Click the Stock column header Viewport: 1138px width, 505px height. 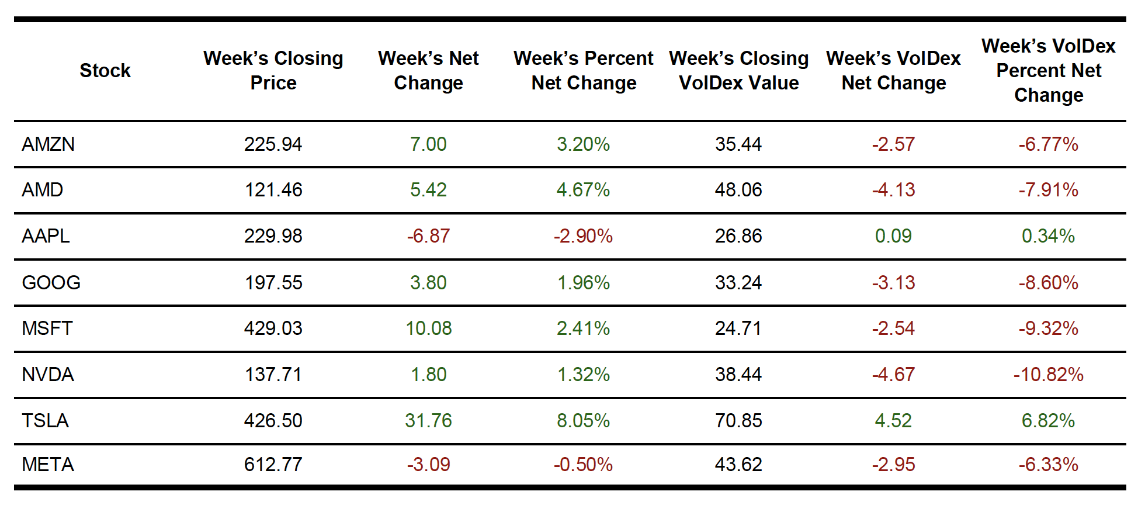pos(105,71)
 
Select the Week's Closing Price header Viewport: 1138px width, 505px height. pos(273,71)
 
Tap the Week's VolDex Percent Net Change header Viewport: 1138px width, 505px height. pos(1048,71)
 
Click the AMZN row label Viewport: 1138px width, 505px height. pos(48,144)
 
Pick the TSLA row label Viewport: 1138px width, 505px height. pos(45,421)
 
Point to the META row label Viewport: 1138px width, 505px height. pos(48,465)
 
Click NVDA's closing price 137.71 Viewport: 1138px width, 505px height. pos(273,375)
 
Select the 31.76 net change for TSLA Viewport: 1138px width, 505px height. pos(428,421)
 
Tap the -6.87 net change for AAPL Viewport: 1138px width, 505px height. pos(428,236)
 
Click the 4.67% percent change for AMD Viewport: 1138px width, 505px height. pos(583,190)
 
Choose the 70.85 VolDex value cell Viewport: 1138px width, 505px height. pos(738,421)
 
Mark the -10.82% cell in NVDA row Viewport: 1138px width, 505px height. pos(1048,375)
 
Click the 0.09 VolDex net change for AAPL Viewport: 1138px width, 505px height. pos(893,236)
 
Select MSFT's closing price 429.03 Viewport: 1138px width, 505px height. pos(273,328)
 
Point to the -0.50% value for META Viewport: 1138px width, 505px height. pos(583,465)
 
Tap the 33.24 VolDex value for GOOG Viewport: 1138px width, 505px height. pos(738,283)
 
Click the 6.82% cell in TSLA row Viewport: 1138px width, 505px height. pos(1048,421)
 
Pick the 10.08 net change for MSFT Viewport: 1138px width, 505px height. pos(428,328)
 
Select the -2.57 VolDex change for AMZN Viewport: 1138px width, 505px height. pos(893,144)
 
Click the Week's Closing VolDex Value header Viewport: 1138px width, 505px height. pos(738,71)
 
